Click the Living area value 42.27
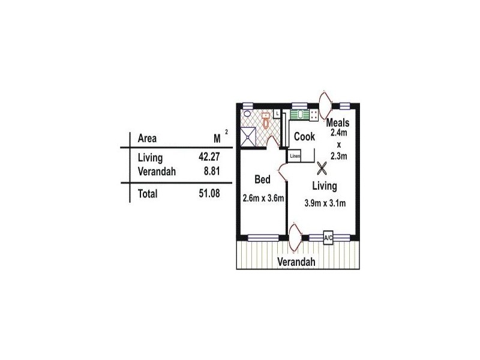(x=209, y=157)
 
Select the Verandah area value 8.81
(x=212, y=171)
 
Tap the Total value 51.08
(x=209, y=193)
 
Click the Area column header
(x=147, y=139)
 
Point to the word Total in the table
(x=148, y=194)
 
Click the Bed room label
(x=262, y=179)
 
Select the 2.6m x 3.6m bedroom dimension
(x=263, y=199)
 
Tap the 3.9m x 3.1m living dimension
(x=325, y=203)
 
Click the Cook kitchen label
(x=304, y=137)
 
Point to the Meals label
(x=338, y=123)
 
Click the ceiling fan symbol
(x=322, y=169)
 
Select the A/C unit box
(x=328, y=238)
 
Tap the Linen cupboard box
(x=295, y=156)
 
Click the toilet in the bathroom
(x=265, y=121)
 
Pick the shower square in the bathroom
(x=248, y=137)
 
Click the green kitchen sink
(x=299, y=115)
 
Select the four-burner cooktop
(x=314, y=115)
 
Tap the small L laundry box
(x=277, y=114)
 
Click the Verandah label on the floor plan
(x=296, y=262)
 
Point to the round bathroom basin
(x=247, y=114)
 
